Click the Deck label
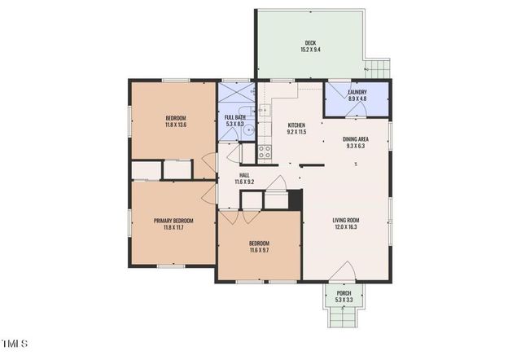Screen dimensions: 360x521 (310, 42)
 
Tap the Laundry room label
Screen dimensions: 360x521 (357, 92)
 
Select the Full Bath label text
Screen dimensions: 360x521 (234, 117)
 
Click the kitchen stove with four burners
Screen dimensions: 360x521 (265, 150)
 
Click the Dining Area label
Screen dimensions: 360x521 (356, 139)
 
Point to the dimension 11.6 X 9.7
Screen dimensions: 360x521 (259, 250)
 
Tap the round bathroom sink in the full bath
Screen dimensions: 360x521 (252, 128)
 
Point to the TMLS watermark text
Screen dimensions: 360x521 (15, 342)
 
